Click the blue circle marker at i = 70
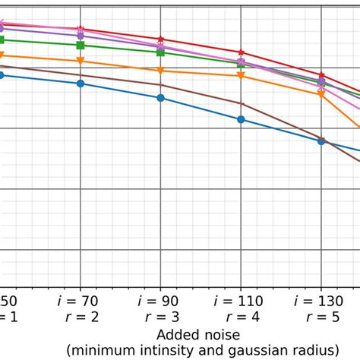[81, 84]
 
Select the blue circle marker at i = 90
[160, 98]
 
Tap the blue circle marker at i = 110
[241, 119]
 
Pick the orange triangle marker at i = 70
[81, 61]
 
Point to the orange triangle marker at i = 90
[160, 71]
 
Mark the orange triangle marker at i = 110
[241, 76]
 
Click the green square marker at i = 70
[81, 46]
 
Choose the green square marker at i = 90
[160, 52]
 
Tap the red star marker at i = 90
[160, 39]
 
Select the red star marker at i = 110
[241, 52]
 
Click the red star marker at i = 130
[321, 76]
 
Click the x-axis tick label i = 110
[241, 301]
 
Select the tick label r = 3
[160, 317]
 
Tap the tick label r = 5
[321, 317]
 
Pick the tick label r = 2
[81, 317]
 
